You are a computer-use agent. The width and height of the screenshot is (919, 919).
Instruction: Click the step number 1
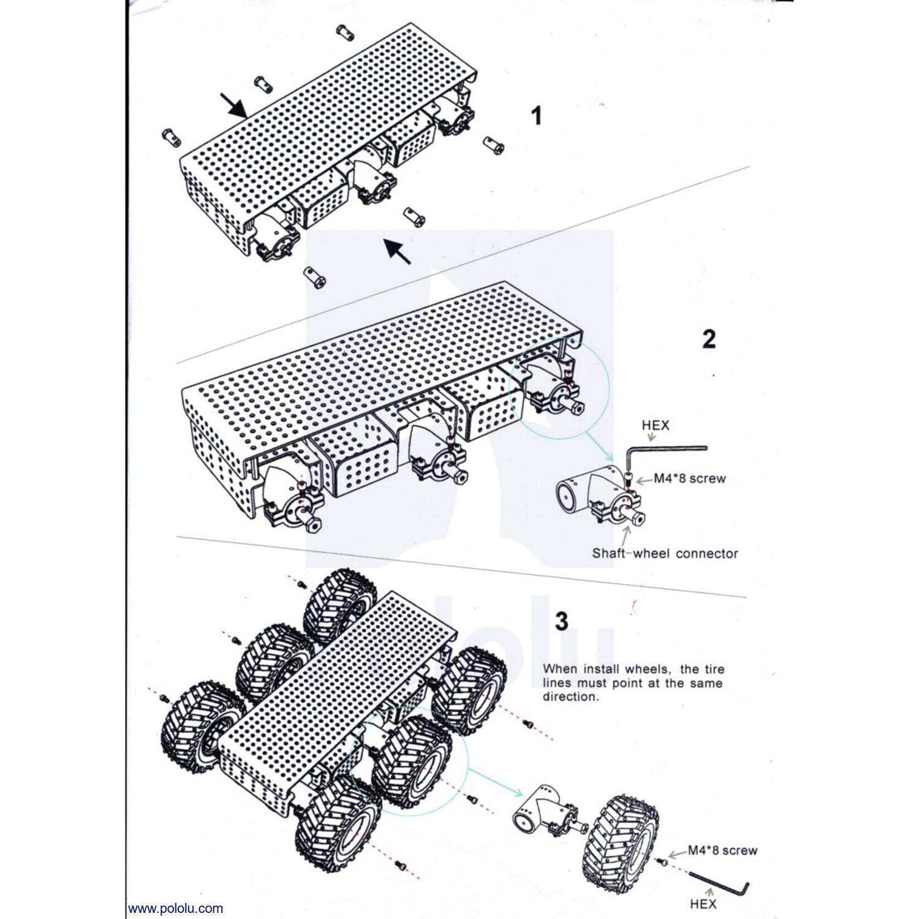point(537,116)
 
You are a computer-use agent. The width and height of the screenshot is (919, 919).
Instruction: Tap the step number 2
point(708,339)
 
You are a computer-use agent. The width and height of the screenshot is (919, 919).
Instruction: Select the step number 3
point(561,621)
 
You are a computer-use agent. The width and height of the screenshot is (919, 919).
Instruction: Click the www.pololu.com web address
point(175,908)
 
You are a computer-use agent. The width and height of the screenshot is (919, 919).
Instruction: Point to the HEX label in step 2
point(655,425)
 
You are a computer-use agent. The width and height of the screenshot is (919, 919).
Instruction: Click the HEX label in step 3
point(703,904)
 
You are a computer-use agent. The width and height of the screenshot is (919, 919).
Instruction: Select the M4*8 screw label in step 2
point(689,478)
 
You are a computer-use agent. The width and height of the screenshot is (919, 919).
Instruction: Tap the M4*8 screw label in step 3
point(722,850)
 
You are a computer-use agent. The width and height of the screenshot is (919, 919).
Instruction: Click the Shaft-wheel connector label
point(665,553)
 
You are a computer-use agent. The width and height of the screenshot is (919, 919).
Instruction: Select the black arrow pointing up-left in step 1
point(397,251)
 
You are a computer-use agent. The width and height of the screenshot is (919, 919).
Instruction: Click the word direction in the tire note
point(570,697)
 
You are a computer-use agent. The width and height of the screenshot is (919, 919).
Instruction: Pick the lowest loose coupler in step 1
point(314,278)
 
